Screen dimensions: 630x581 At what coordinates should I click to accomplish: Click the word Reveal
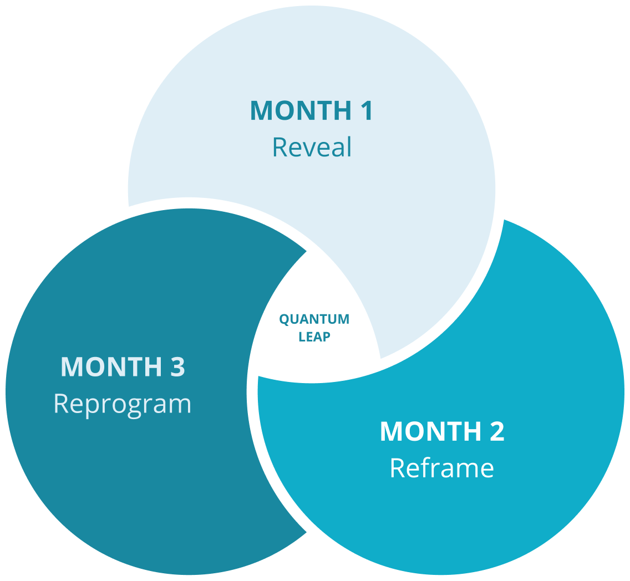(312, 147)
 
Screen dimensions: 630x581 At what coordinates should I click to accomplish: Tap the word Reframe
(441, 468)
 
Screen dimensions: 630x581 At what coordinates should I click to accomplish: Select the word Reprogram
(123, 404)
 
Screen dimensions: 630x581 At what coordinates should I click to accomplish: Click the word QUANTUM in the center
(314, 319)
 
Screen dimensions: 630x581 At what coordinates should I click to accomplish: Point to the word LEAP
(314, 337)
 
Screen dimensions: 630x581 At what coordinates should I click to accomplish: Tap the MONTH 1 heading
(312, 110)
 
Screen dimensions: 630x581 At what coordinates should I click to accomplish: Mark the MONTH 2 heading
(442, 431)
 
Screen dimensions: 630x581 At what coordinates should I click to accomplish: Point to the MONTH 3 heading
(123, 367)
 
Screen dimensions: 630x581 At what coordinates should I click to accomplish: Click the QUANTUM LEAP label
(314, 328)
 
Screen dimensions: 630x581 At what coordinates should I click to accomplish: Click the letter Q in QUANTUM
(283, 320)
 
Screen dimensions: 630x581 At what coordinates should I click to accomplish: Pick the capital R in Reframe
(398, 468)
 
